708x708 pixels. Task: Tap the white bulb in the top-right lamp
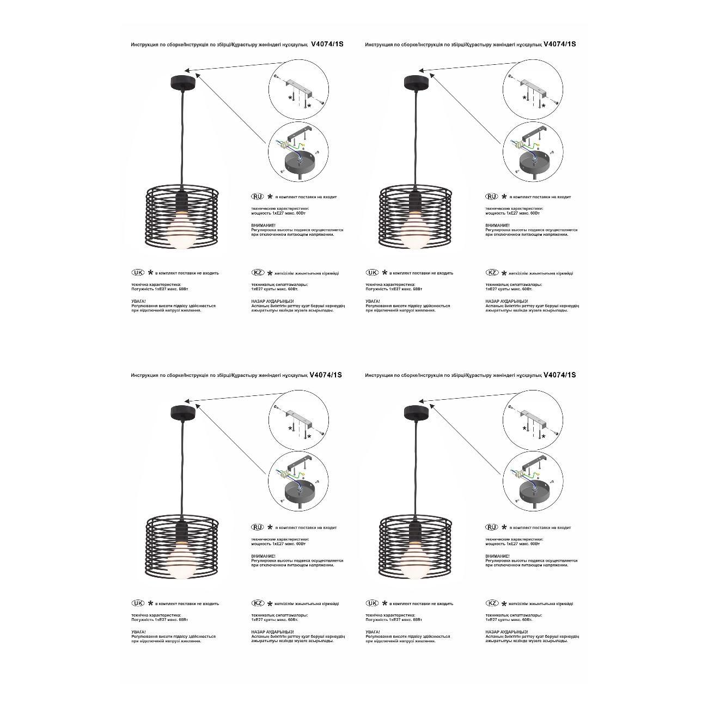pyautogui.click(x=416, y=234)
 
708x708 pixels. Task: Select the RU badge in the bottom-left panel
pyautogui.click(x=257, y=527)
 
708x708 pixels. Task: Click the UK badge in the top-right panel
pyautogui.click(x=372, y=273)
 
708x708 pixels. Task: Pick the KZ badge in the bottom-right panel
pyautogui.click(x=492, y=603)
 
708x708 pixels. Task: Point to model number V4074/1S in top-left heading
pyautogui.click(x=327, y=44)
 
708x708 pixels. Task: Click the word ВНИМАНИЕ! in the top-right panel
pyautogui.click(x=497, y=225)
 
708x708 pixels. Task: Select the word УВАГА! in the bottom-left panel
pyautogui.click(x=138, y=632)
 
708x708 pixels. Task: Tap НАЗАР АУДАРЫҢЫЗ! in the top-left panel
pyautogui.click(x=272, y=301)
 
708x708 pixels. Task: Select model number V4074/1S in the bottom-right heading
pyautogui.click(x=560, y=375)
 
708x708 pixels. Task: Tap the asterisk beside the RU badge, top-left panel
pyautogui.click(x=269, y=197)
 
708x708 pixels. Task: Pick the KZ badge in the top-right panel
pyautogui.click(x=492, y=273)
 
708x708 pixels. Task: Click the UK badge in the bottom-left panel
pyautogui.click(x=138, y=603)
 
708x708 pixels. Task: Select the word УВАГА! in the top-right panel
pyautogui.click(x=373, y=301)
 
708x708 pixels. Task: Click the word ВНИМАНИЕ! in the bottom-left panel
pyautogui.click(x=263, y=556)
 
